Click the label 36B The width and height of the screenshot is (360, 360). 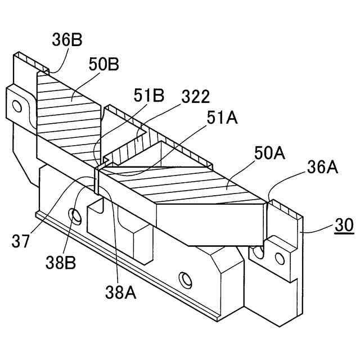click(x=67, y=40)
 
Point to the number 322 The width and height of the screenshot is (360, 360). click(x=195, y=97)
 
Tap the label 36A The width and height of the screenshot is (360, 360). click(x=322, y=167)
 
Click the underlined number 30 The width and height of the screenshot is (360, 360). click(x=344, y=226)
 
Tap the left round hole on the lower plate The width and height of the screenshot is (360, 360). click(x=74, y=214)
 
